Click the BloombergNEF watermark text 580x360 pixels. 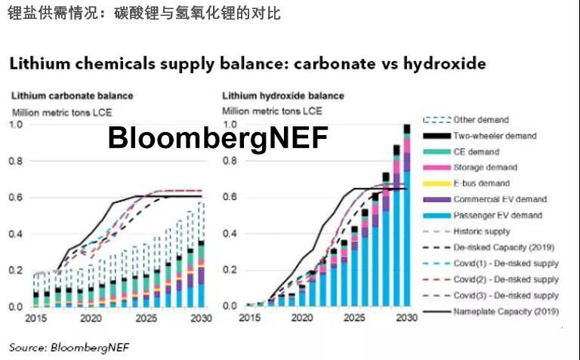(x=218, y=138)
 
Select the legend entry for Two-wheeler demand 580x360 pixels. (x=495, y=136)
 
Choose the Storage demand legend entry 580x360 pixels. (x=485, y=168)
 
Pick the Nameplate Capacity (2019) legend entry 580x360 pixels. (x=505, y=312)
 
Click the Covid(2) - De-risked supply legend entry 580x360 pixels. (x=505, y=279)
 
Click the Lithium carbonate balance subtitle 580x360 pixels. (x=71, y=96)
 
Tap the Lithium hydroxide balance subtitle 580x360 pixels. (x=283, y=96)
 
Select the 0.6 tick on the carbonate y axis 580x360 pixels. (x=17, y=198)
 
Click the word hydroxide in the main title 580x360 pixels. (x=433, y=63)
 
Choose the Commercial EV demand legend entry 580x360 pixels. (x=501, y=199)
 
